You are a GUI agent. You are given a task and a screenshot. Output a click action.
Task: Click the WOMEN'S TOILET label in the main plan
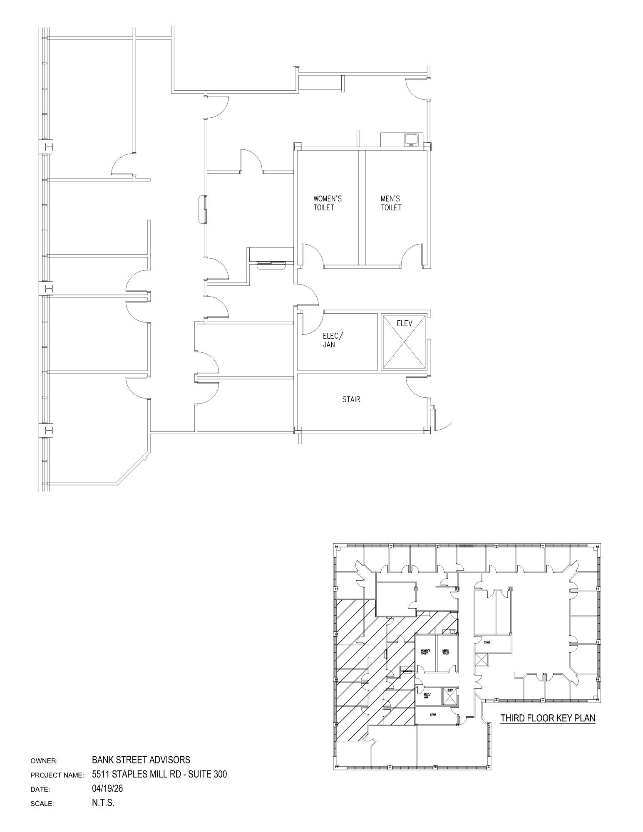pos(327,203)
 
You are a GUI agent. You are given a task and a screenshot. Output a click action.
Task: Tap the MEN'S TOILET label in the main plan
pos(391,203)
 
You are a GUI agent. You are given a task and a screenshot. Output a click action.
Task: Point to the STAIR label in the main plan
pos(351,399)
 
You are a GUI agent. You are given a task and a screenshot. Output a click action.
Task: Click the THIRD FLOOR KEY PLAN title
pos(547,718)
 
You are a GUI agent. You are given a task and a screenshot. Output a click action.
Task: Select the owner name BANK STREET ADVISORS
pos(141,760)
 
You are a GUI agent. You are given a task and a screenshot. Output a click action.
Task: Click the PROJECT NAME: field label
pos(57,775)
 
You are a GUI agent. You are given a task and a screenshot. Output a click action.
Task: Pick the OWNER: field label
pos(43,761)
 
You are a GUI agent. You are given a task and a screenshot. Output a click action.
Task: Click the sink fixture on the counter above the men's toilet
pos(412,139)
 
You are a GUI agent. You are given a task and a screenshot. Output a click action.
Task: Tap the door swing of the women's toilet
pos(312,255)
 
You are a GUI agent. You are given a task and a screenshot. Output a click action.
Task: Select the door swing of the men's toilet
pos(412,255)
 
